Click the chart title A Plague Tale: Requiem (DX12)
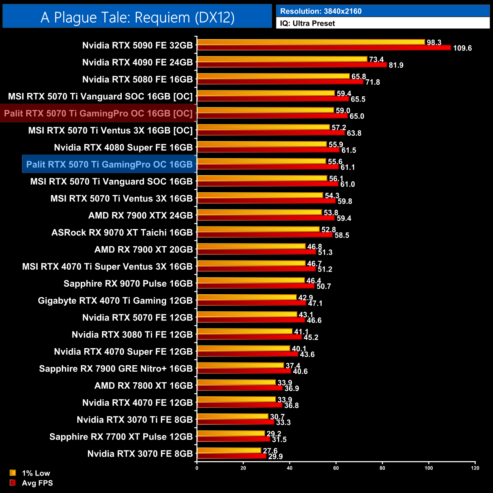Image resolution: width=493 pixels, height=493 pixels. pos(137,17)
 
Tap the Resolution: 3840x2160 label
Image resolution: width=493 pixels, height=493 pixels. pos(321,11)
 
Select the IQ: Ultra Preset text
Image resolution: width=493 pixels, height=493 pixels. pos(307,24)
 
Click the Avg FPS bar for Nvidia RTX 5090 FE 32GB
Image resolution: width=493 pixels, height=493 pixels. pos(324,48)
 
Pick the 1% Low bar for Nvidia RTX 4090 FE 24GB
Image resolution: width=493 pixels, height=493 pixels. pos(282,59)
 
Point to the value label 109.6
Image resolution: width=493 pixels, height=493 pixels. pos(462,48)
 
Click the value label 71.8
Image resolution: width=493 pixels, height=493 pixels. pos(372,82)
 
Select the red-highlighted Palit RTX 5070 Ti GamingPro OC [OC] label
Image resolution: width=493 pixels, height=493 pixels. pos(98,113)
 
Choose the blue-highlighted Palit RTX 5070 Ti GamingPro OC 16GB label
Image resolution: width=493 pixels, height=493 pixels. pos(109,165)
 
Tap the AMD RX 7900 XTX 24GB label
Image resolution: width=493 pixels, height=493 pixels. pos(140,215)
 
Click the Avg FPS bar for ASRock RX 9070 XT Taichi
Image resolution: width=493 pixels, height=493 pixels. pos(265,235)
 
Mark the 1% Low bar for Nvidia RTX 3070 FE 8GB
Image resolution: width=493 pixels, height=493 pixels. pos(229,451)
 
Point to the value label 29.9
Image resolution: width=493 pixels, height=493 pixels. pos(275,457)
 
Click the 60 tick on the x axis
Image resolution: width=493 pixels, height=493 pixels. pos(336,468)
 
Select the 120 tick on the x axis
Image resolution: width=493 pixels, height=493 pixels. pos(475,468)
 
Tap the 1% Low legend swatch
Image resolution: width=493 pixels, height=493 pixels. pos(13,473)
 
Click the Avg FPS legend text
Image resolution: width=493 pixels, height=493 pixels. pos(37,483)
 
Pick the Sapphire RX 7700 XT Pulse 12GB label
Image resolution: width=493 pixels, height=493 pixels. pos(121,437)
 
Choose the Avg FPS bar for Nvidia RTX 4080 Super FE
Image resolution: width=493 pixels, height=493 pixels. pos(268,150)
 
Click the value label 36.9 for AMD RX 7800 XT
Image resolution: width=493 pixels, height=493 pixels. pos(292,388)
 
